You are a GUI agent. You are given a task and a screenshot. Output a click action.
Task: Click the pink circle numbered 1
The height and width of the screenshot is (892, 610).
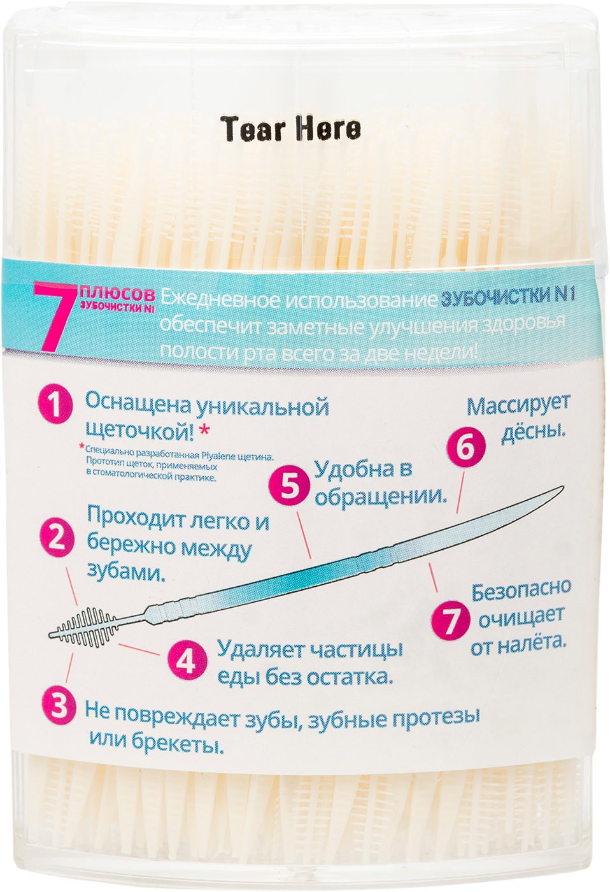click(56, 405)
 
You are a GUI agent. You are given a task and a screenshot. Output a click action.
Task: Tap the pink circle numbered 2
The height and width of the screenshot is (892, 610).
click(57, 538)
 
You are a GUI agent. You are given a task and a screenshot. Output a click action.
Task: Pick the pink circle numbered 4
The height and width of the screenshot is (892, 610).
click(185, 661)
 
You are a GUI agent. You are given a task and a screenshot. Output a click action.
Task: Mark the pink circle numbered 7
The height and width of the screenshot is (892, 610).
click(451, 621)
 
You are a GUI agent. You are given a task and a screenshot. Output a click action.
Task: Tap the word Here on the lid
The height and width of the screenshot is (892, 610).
click(329, 129)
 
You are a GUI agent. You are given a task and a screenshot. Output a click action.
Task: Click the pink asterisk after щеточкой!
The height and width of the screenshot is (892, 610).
click(204, 431)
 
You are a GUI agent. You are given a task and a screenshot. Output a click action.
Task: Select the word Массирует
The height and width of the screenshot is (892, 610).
click(518, 406)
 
